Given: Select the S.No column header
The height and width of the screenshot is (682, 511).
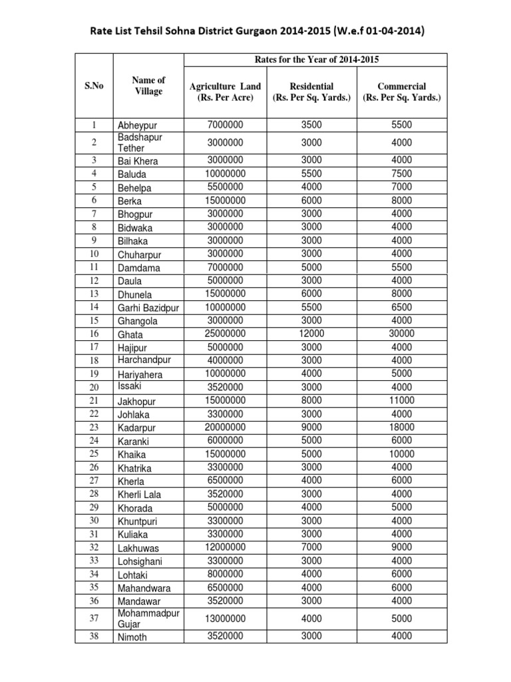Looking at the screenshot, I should tap(94, 86).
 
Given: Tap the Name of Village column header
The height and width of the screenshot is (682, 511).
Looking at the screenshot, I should tap(148, 86).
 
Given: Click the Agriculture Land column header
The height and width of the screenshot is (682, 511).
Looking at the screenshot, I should tap(226, 92).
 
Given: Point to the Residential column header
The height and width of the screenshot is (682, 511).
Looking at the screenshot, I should tap(312, 92).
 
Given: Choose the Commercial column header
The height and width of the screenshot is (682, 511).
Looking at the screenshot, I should tap(402, 92).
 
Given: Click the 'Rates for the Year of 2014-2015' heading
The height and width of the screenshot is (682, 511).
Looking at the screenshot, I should tap(314, 60).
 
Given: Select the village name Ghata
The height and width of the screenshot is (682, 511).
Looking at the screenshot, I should tap(130, 334).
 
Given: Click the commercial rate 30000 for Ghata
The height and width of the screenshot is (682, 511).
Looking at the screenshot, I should tap(402, 334).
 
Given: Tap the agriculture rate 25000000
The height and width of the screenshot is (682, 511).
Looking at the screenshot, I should tap(226, 334).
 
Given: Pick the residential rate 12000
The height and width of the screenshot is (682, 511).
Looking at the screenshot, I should tap(312, 334).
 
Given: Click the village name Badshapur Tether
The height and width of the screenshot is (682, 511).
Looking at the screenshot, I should tap(140, 143).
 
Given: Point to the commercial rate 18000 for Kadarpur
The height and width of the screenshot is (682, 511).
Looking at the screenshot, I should tap(402, 427).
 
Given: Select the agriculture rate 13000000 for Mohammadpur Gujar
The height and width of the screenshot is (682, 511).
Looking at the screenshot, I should tap(226, 619).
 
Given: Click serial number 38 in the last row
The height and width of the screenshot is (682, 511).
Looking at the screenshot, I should tap(94, 636).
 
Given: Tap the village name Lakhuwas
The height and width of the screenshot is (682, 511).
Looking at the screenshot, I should tap(139, 547).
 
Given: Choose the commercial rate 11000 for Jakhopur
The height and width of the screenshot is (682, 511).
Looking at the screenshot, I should tap(402, 400).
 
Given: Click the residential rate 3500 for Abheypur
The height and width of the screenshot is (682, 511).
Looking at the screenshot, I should tap(312, 125).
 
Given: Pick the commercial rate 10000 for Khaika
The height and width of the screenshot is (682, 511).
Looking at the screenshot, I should tap(402, 454).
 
